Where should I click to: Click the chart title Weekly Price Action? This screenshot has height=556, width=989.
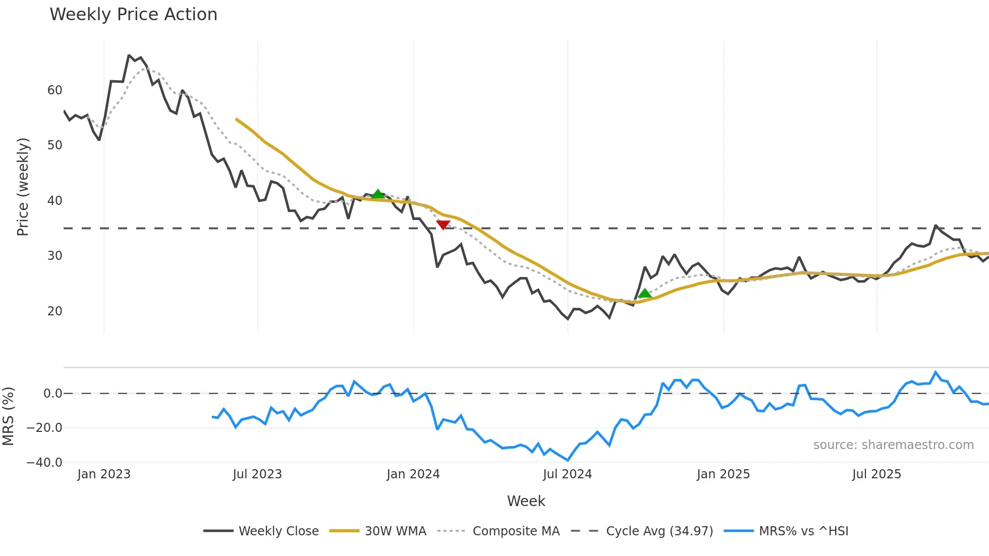point(133,15)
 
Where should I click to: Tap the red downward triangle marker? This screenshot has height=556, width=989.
point(443,225)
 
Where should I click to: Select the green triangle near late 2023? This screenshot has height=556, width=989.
point(378,194)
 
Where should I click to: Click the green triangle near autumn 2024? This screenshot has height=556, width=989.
point(644,293)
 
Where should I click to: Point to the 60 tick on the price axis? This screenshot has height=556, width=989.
point(54,90)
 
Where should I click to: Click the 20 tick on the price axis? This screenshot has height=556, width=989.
point(54,311)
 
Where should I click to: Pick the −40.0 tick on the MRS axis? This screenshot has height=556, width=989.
point(44,463)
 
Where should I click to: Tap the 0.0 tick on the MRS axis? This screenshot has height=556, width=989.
point(52,394)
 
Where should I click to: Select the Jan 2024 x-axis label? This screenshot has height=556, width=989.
point(413,474)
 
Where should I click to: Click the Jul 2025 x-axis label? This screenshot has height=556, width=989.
point(876,474)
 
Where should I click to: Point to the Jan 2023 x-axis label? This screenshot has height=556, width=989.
point(104,474)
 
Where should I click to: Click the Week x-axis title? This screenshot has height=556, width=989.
point(526,501)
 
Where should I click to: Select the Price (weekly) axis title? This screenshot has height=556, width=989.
point(23,187)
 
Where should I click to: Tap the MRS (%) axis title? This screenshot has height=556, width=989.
point(8,416)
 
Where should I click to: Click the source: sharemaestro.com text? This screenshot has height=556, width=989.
point(893,445)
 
